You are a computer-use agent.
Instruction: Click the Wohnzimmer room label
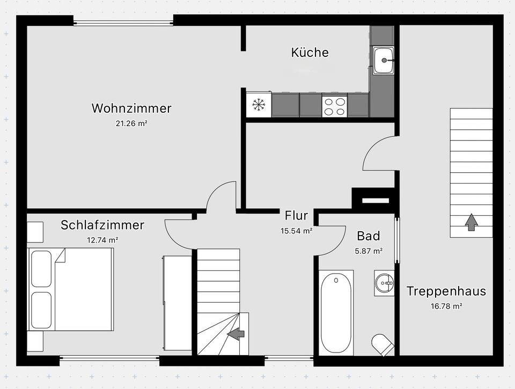pyautogui.click(x=131, y=108)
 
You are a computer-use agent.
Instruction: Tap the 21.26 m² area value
pyautogui.click(x=131, y=123)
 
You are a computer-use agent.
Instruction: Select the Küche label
pyautogui.click(x=310, y=53)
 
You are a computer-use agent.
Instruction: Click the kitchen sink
pyautogui.click(x=383, y=60)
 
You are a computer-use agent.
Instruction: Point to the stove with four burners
pyautogui.click(x=334, y=105)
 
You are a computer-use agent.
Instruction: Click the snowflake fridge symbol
pyautogui.click(x=259, y=105)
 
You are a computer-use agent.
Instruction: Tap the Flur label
pyautogui.click(x=296, y=216)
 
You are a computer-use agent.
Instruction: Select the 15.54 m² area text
pyautogui.click(x=296, y=231)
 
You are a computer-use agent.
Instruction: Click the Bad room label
pyautogui.click(x=369, y=236)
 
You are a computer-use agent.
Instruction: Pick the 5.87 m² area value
pyautogui.click(x=369, y=251)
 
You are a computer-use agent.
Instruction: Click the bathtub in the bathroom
pyautogui.click(x=336, y=312)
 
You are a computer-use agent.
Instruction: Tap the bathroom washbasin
pyautogui.click(x=384, y=282)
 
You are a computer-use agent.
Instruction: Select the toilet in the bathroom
pyautogui.click(x=382, y=344)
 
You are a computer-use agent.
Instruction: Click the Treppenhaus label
pyautogui.click(x=446, y=291)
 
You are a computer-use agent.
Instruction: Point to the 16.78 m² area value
pyautogui.click(x=446, y=306)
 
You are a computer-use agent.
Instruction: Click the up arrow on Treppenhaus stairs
pyautogui.click(x=471, y=222)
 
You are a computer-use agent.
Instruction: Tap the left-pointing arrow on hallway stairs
pyautogui.click(x=235, y=334)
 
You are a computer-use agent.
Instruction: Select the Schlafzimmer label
pyautogui.click(x=102, y=225)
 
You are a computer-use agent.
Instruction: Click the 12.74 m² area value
pyautogui.click(x=102, y=240)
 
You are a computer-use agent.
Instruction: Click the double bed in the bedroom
pyautogui.click(x=71, y=289)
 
